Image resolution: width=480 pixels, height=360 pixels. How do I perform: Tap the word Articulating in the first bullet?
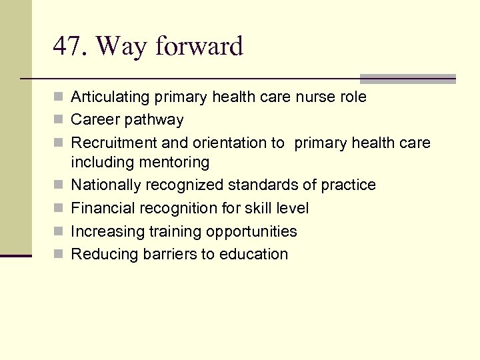point(110,97)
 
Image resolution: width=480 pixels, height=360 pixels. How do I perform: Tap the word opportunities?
point(251,231)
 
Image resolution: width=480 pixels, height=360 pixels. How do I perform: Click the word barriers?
point(165,254)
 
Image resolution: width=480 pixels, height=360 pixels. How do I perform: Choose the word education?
point(255,254)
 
